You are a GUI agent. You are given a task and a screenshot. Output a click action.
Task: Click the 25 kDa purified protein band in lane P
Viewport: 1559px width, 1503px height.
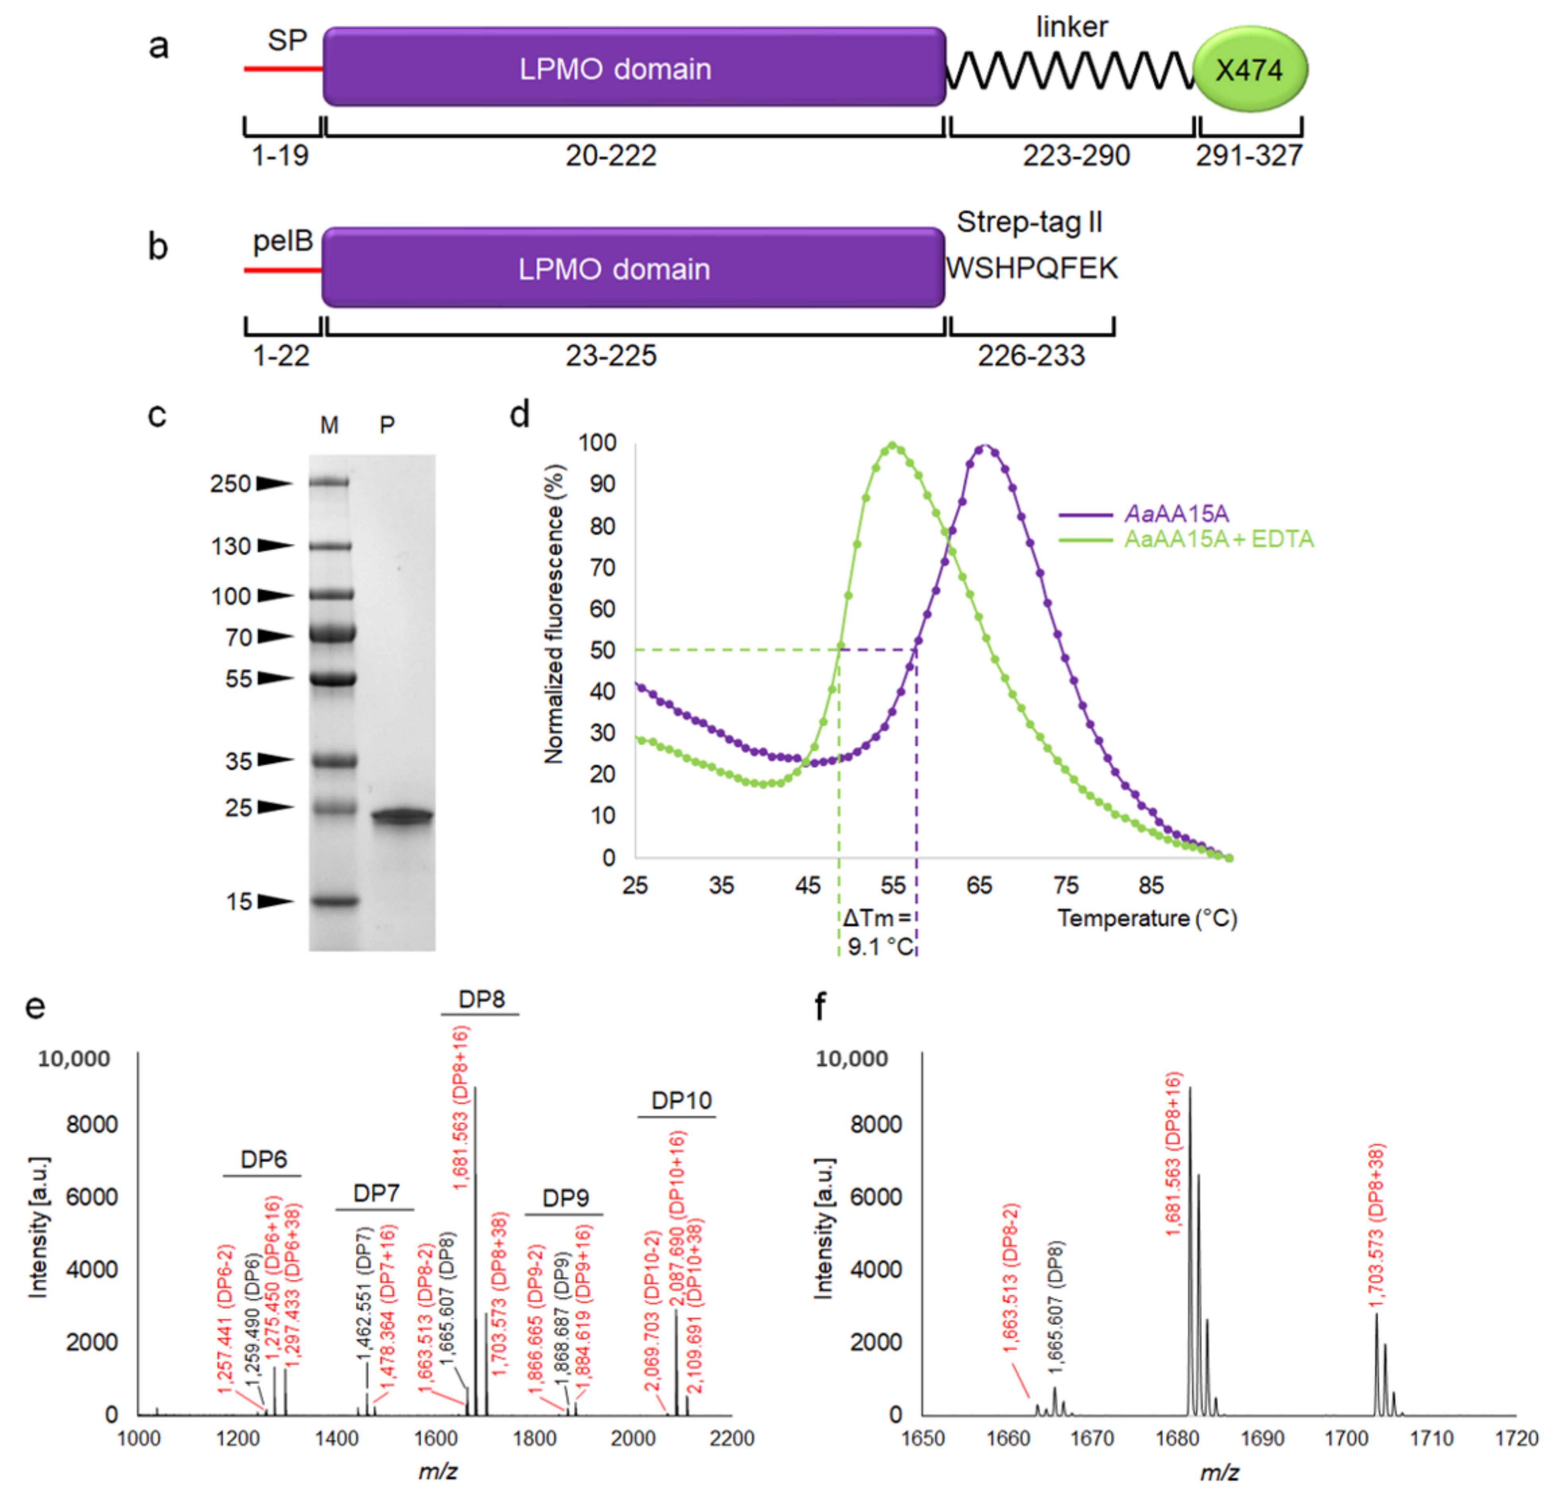(x=402, y=816)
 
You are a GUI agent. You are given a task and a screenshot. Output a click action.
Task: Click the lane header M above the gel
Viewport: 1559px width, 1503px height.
(x=329, y=425)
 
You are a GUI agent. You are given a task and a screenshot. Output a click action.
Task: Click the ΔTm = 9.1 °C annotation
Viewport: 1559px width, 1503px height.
(x=878, y=932)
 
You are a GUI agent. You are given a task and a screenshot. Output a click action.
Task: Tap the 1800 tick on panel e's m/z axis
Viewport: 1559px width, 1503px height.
(x=534, y=1438)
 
